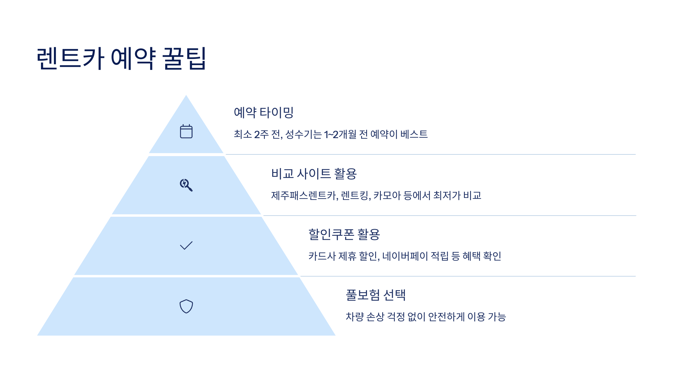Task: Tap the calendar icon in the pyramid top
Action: pyautogui.click(x=186, y=131)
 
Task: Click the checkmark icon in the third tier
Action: pyautogui.click(x=186, y=245)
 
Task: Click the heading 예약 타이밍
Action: pyautogui.click(x=263, y=112)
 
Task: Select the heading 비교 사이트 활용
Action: pyautogui.click(x=314, y=173)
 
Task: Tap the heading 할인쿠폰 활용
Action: pyautogui.click(x=344, y=234)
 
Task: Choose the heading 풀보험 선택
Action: pyautogui.click(x=375, y=295)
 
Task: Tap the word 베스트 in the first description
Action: pyautogui.click(x=414, y=134)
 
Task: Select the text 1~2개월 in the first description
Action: pyautogui.click(x=340, y=134)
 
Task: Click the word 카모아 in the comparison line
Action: pyautogui.click(x=387, y=195)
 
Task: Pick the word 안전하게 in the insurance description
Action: pyautogui.click(x=446, y=317)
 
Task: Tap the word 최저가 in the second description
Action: pyautogui.click(x=447, y=195)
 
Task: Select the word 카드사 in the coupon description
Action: pyautogui.click(x=322, y=256)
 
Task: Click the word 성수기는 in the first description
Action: pyautogui.click(x=303, y=134)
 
